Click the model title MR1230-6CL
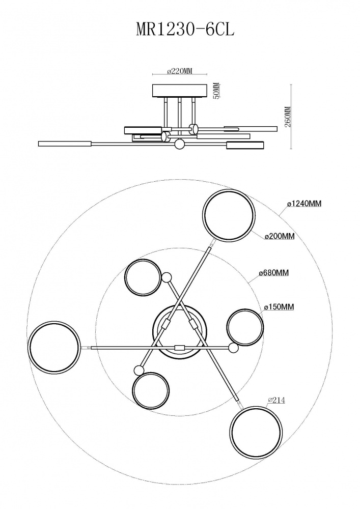tap(185, 30)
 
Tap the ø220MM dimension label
tap(180, 71)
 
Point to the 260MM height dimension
tap(287, 117)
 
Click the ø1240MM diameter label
tap(304, 204)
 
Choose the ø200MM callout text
tap(280, 236)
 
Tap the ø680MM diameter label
tap(274, 273)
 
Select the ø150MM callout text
tap(279, 307)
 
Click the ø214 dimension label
tap(275, 401)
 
